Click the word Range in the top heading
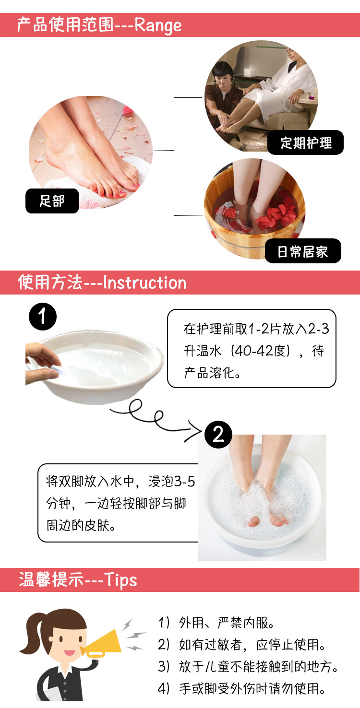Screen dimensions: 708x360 coord(158,25)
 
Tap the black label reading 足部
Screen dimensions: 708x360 coord(52,201)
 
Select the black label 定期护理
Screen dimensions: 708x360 coord(306,142)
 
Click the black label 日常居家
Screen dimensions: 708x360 coord(303,251)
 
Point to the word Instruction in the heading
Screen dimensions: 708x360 coord(144,283)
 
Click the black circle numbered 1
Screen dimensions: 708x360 coord(43,317)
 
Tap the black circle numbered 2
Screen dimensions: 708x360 coord(218,435)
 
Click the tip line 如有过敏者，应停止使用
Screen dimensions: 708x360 coord(242,645)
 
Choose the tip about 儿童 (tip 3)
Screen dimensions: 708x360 coord(248,667)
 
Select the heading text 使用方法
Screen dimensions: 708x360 coord(50,283)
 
